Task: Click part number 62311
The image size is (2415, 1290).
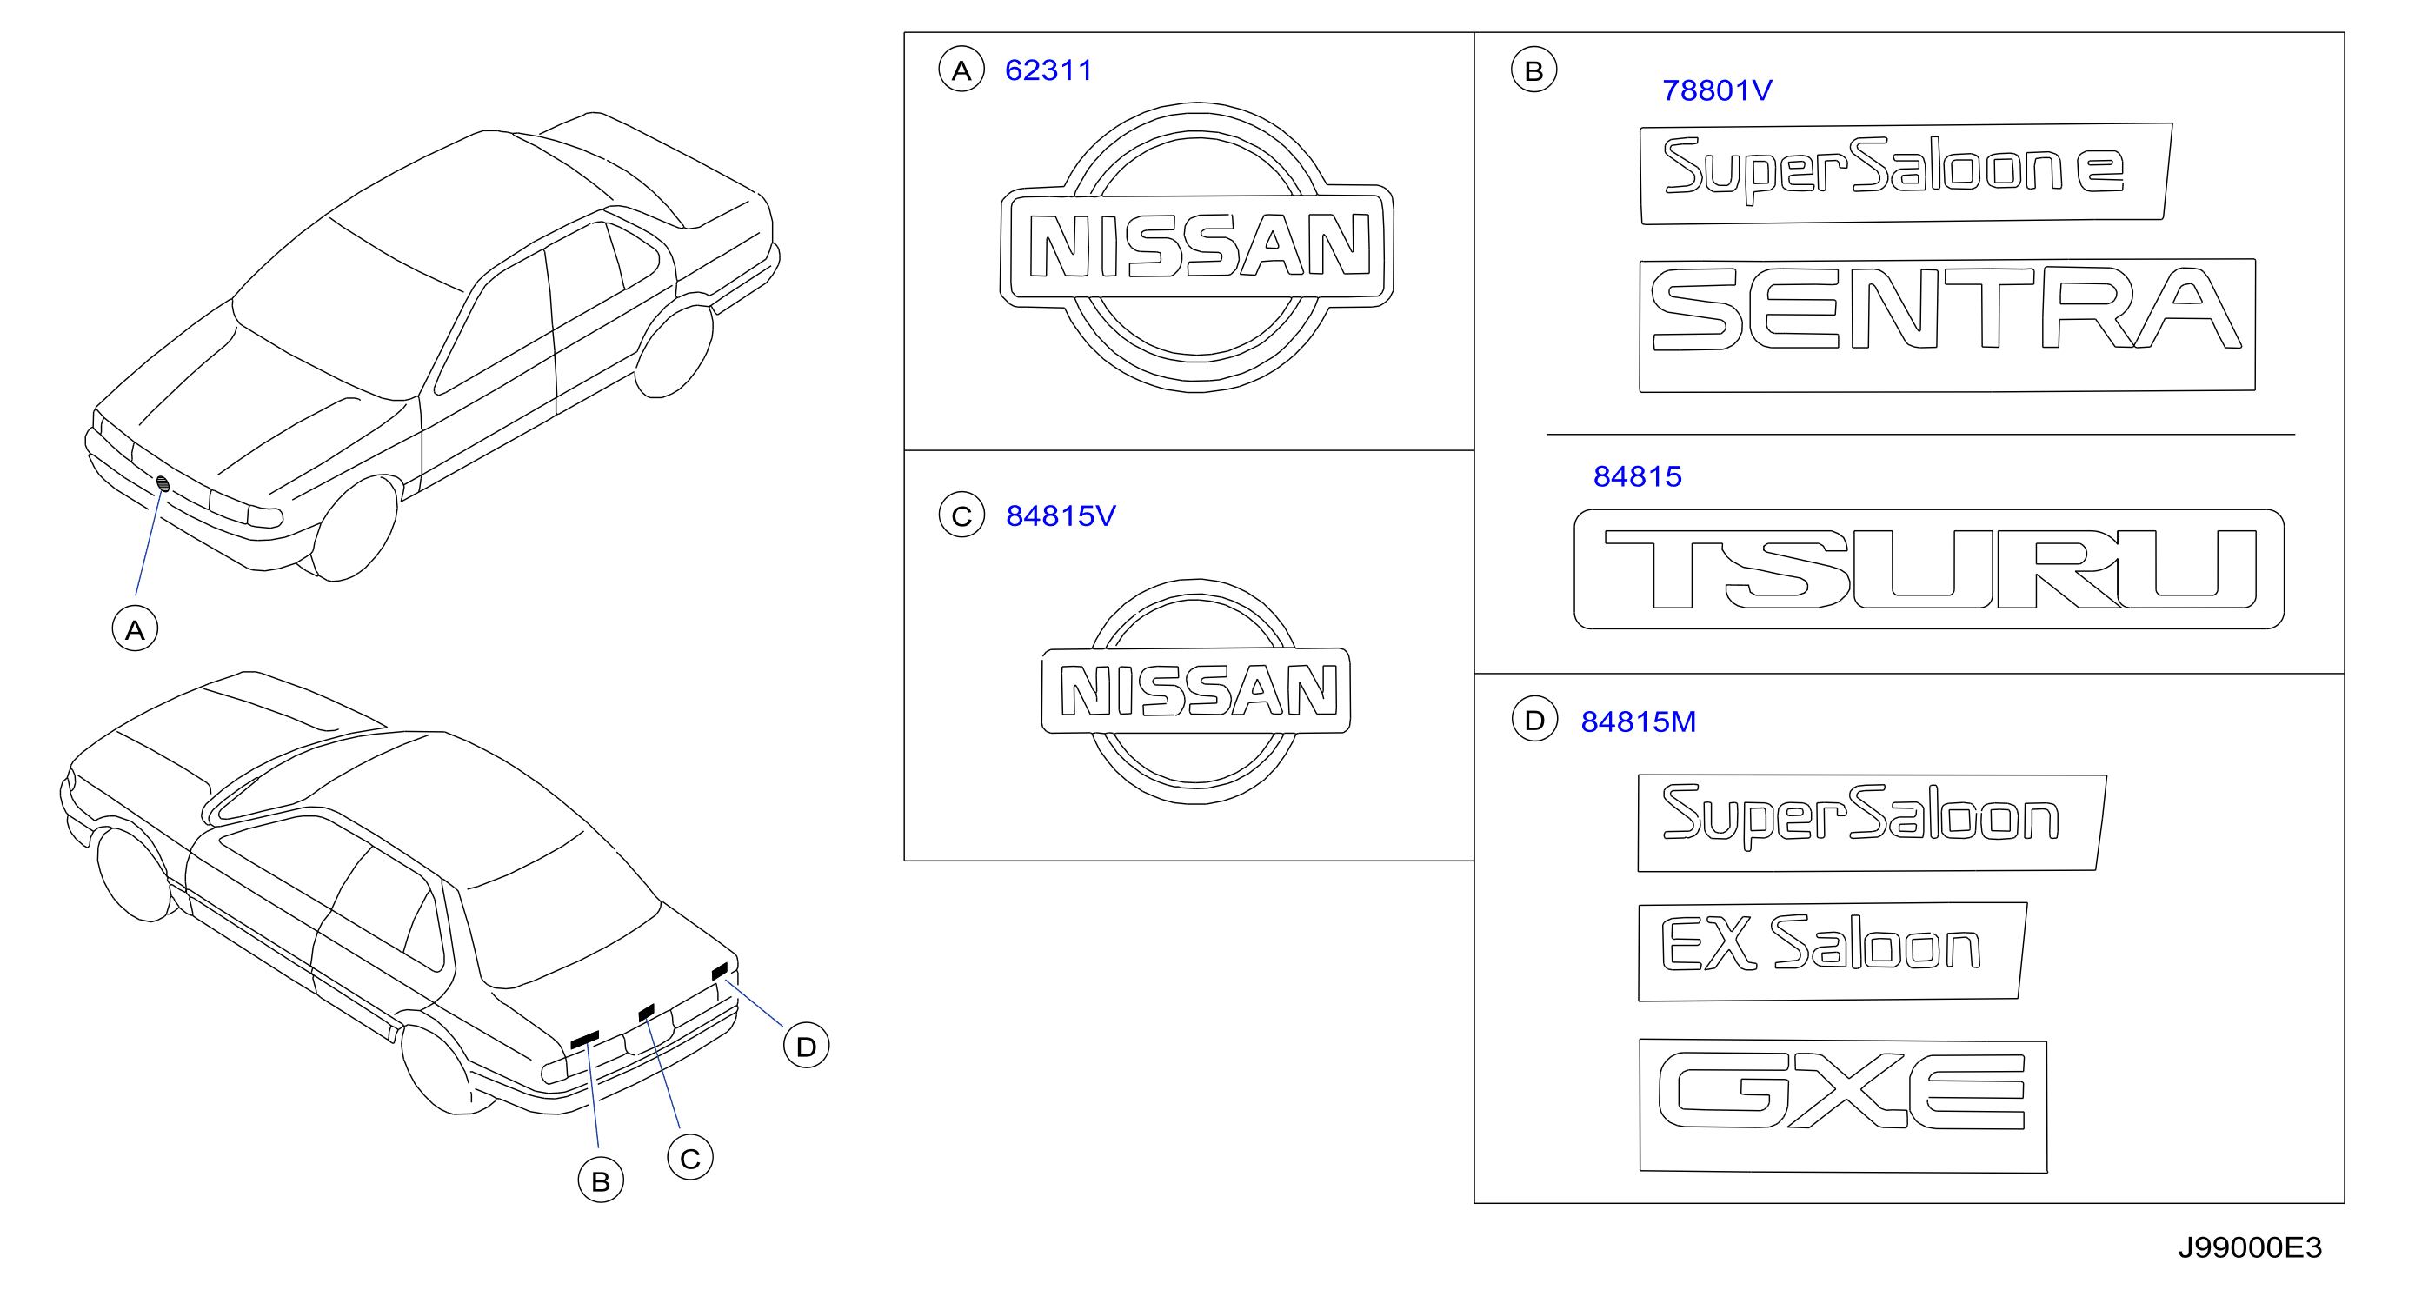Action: click(x=1048, y=70)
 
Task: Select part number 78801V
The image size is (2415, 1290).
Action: click(x=1717, y=90)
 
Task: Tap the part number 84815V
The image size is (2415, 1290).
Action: click(x=1061, y=515)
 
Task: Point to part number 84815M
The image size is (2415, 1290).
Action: click(x=1638, y=721)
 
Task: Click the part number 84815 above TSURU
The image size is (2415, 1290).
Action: click(x=1637, y=476)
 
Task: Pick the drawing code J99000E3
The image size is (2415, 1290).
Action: click(x=2249, y=1247)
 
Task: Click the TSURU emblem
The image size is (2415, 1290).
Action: click(x=1928, y=569)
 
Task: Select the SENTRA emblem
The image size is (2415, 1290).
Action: click(x=1946, y=325)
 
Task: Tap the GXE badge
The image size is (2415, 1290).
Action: click(x=1842, y=1106)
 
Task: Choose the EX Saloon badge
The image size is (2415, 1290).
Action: click(x=1832, y=952)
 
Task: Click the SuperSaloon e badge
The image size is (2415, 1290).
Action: click(x=1905, y=174)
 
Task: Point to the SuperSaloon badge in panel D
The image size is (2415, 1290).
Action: click(x=1872, y=822)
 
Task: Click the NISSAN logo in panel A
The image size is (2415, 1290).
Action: click(x=1196, y=247)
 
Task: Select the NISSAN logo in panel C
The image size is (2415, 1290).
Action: click(x=1195, y=691)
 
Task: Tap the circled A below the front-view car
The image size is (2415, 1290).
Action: click(x=135, y=629)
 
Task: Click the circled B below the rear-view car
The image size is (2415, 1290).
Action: click(x=601, y=1180)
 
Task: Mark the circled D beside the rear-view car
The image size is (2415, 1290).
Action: click(x=806, y=1047)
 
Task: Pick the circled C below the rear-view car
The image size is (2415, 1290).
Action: click(x=690, y=1158)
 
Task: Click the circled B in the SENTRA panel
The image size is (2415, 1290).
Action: click(x=1533, y=70)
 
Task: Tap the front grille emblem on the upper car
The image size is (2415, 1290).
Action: click(x=163, y=483)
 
